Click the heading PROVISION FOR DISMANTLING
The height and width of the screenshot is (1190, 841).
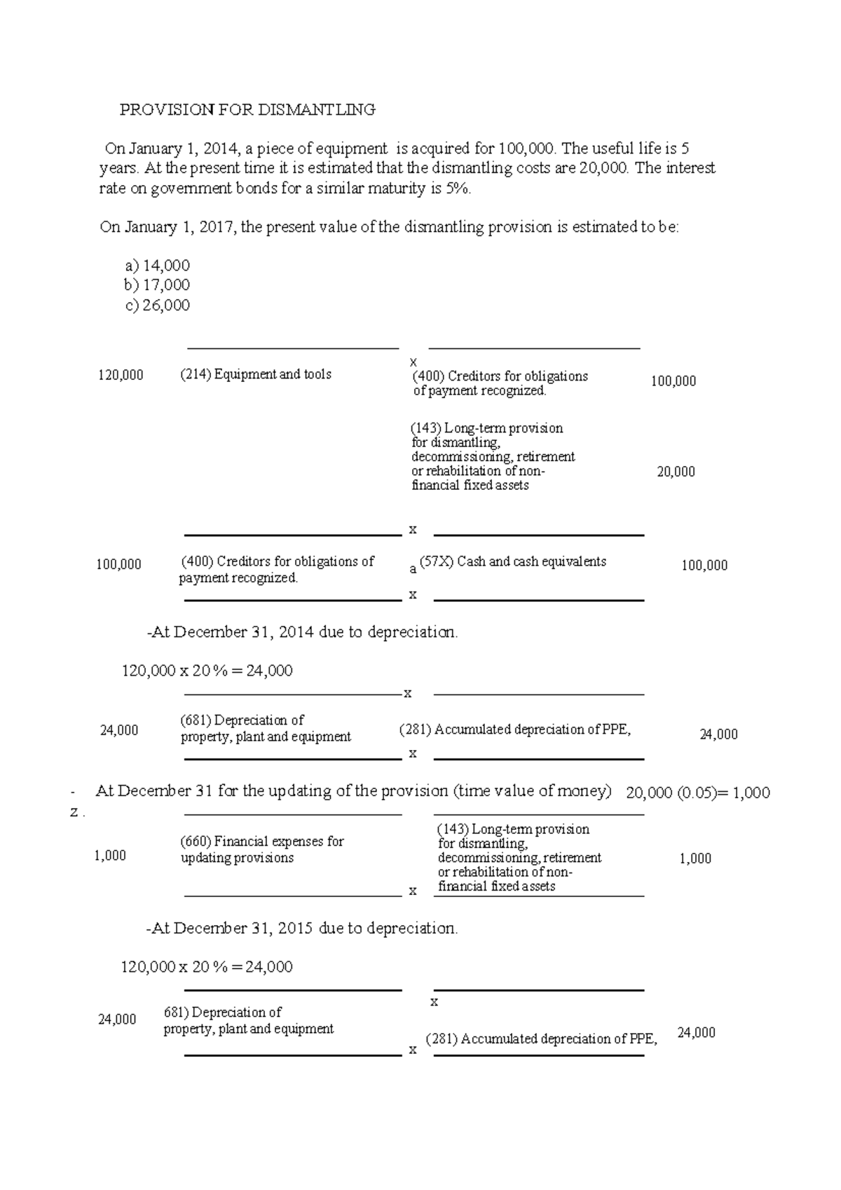[247, 109]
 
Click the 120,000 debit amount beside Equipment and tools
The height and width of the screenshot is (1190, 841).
[121, 376]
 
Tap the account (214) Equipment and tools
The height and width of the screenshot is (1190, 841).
[256, 374]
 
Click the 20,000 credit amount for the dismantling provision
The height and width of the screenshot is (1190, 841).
[676, 472]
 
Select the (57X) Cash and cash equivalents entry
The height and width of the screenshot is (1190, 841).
[512, 561]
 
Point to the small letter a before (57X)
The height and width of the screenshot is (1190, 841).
[413, 570]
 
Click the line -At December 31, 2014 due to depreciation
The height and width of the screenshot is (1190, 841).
[302, 632]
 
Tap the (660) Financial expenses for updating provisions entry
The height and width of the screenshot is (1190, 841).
[262, 849]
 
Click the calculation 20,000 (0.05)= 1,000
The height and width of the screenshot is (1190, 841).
[697, 793]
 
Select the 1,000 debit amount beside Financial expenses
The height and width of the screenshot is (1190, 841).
[110, 856]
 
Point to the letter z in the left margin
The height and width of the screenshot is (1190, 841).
[74, 813]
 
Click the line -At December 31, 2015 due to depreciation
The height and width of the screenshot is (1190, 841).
[302, 929]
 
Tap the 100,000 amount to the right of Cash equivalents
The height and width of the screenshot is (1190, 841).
[704, 566]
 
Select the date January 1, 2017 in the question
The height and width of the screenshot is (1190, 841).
[179, 228]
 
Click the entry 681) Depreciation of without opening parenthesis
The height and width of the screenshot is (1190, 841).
[222, 1013]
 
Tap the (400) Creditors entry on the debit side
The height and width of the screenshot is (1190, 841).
[278, 569]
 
